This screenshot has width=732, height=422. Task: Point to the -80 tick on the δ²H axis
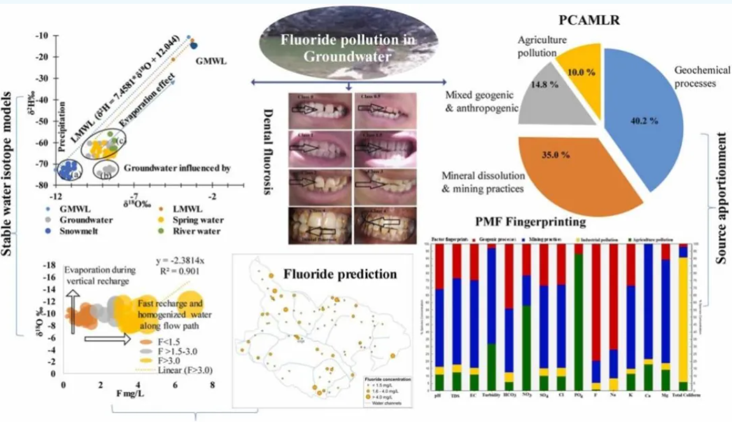pyautogui.click(x=43, y=186)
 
